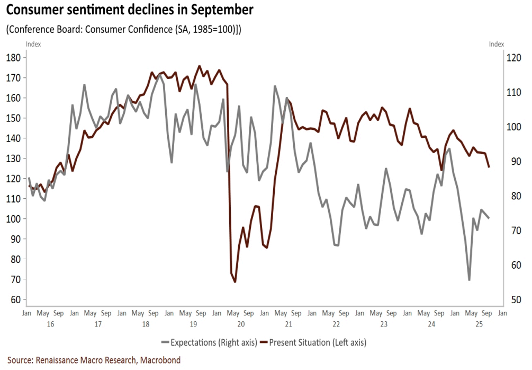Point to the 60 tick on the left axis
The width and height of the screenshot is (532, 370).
tap(14, 299)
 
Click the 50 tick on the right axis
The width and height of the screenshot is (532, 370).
tap(514, 299)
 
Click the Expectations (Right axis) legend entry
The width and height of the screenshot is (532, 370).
tap(212, 342)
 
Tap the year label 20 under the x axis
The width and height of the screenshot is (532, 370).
tap(241, 323)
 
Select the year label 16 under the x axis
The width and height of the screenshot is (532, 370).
tap(50, 323)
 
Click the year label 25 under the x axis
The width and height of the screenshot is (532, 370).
tap(479, 323)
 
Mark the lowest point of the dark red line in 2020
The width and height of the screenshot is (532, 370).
tap(235, 282)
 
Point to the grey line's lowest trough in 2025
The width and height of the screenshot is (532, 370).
tap(469, 280)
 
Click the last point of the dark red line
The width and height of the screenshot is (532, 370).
tap(489, 167)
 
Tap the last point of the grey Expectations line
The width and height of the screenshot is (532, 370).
tap(489, 218)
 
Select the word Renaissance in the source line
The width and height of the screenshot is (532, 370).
tap(59, 360)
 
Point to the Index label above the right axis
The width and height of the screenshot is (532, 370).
tap(497, 45)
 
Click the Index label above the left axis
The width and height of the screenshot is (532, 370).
tap(33, 45)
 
